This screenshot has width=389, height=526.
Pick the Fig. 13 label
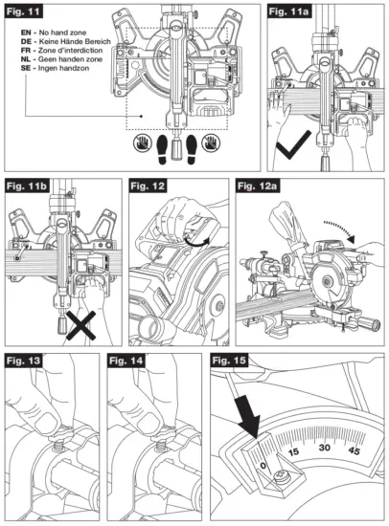pyautogui.click(x=26, y=361)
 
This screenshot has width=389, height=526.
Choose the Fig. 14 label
pyautogui.click(x=129, y=361)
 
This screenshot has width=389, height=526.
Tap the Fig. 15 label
pyautogui.click(x=233, y=361)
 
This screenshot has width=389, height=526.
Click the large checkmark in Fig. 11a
pyautogui.click(x=288, y=144)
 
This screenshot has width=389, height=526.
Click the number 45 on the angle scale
pyautogui.click(x=355, y=449)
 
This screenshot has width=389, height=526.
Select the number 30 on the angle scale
pyautogui.click(x=326, y=448)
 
